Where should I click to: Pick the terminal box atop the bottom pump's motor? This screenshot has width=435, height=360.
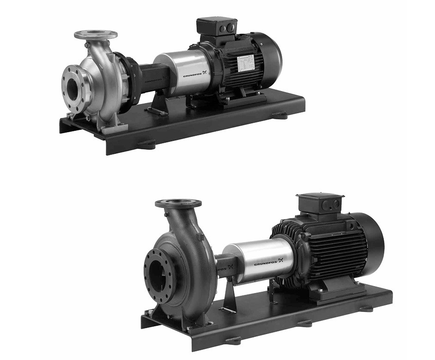[320, 204]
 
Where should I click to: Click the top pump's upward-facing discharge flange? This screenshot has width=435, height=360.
[96, 35]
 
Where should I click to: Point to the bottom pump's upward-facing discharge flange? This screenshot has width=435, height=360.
[178, 204]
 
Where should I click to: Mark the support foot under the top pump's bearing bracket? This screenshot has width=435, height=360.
[157, 106]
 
